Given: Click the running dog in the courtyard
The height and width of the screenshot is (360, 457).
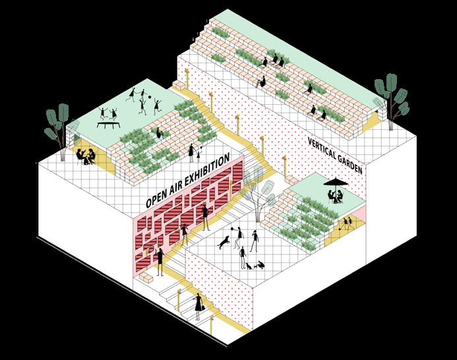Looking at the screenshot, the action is [225, 242].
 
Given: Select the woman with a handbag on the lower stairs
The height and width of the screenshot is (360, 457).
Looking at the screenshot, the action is [198, 305].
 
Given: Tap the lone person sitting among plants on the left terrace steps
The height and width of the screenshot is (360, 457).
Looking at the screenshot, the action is [158, 133].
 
